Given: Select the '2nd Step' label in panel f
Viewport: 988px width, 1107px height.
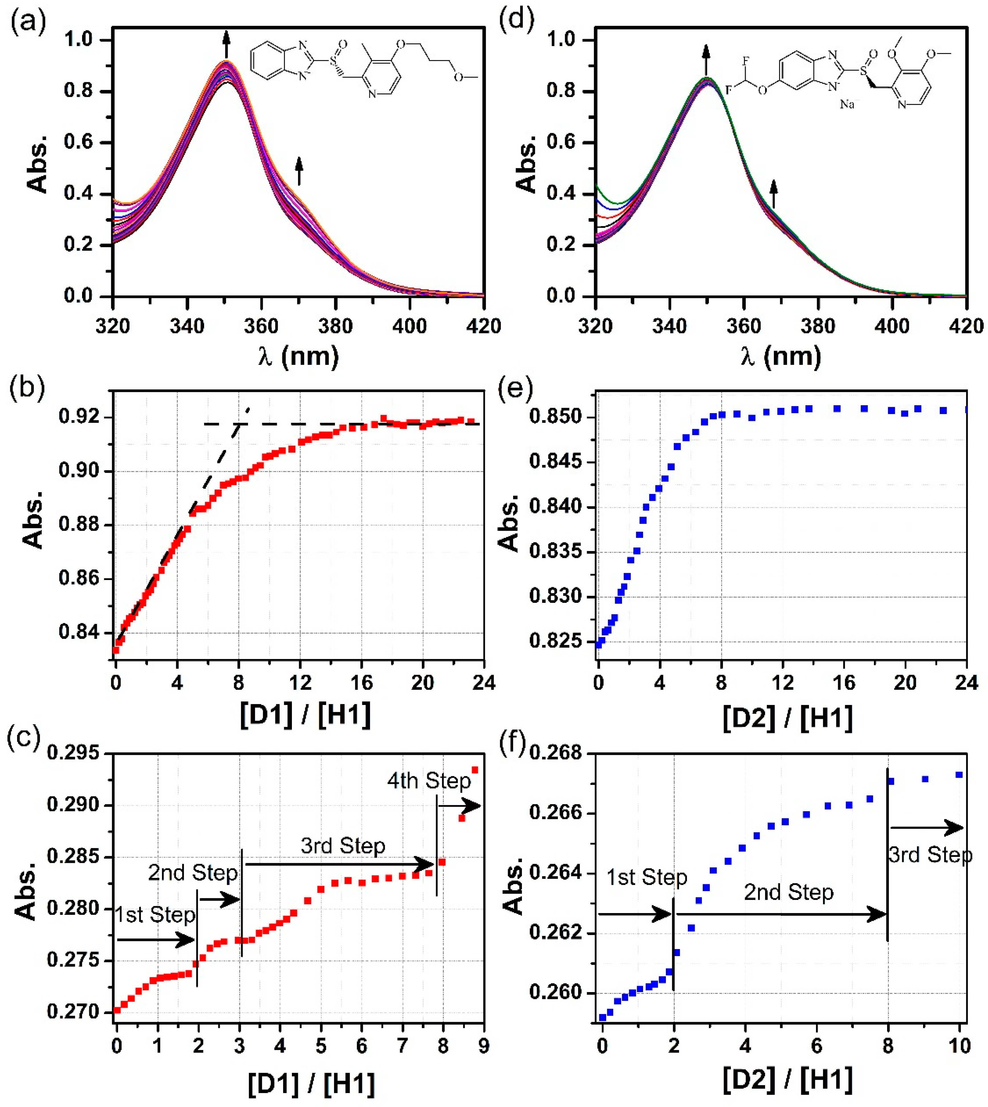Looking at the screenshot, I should point(788,892).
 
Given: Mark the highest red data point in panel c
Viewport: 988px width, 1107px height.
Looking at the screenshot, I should point(475,770).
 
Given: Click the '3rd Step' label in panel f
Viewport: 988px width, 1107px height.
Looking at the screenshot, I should point(930,856).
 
